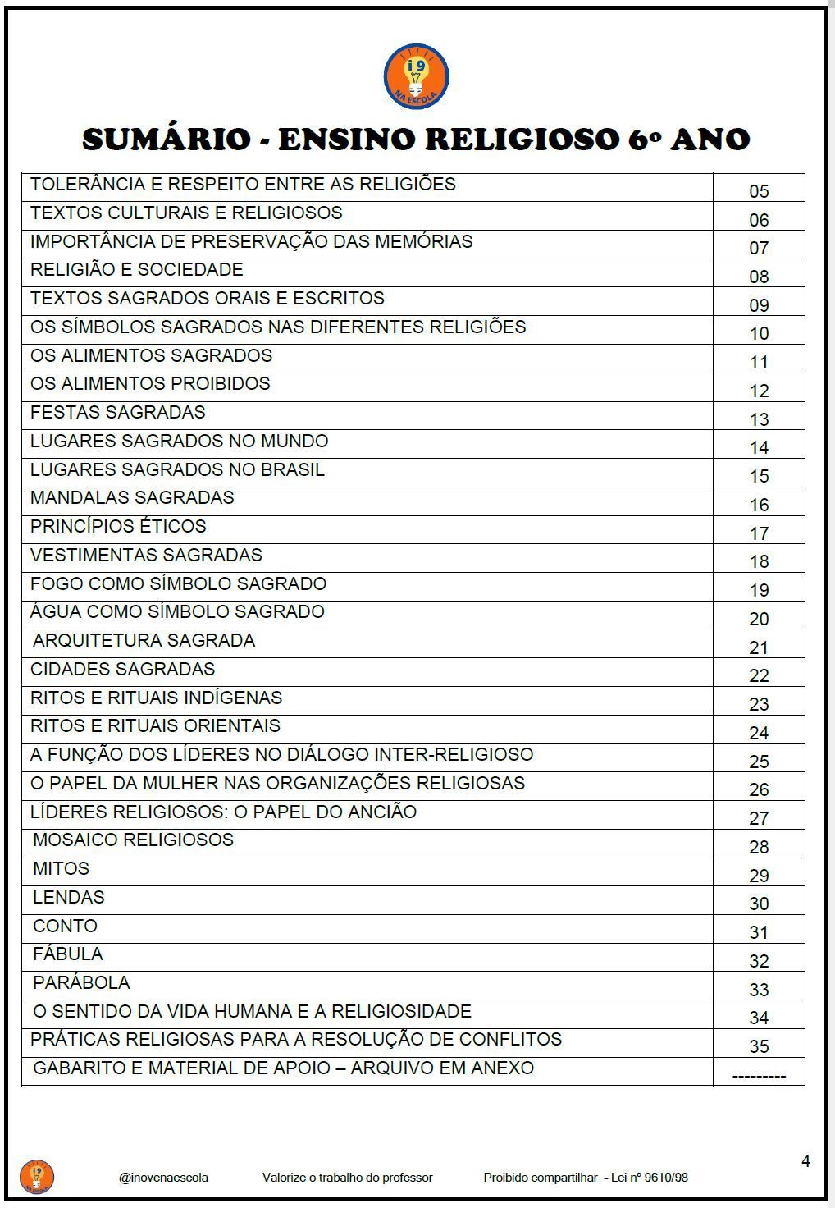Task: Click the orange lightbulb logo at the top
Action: (416, 76)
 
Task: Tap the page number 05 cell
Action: (759, 191)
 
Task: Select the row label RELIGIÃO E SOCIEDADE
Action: (137, 270)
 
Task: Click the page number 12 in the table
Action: (759, 391)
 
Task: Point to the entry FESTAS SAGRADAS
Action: (118, 412)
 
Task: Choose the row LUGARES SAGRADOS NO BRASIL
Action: (177, 469)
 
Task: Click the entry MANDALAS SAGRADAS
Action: (132, 498)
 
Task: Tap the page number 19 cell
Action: (759, 590)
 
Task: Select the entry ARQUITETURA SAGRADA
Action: (144, 641)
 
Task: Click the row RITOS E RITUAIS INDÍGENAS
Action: (156, 698)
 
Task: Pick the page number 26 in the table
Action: (759, 789)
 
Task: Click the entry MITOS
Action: (62, 869)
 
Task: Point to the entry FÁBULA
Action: (68, 954)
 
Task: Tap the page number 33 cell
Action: (759, 990)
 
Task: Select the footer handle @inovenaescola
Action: (163, 1178)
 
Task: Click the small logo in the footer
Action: (36, 1177)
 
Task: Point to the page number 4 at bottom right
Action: (805, 1161)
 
